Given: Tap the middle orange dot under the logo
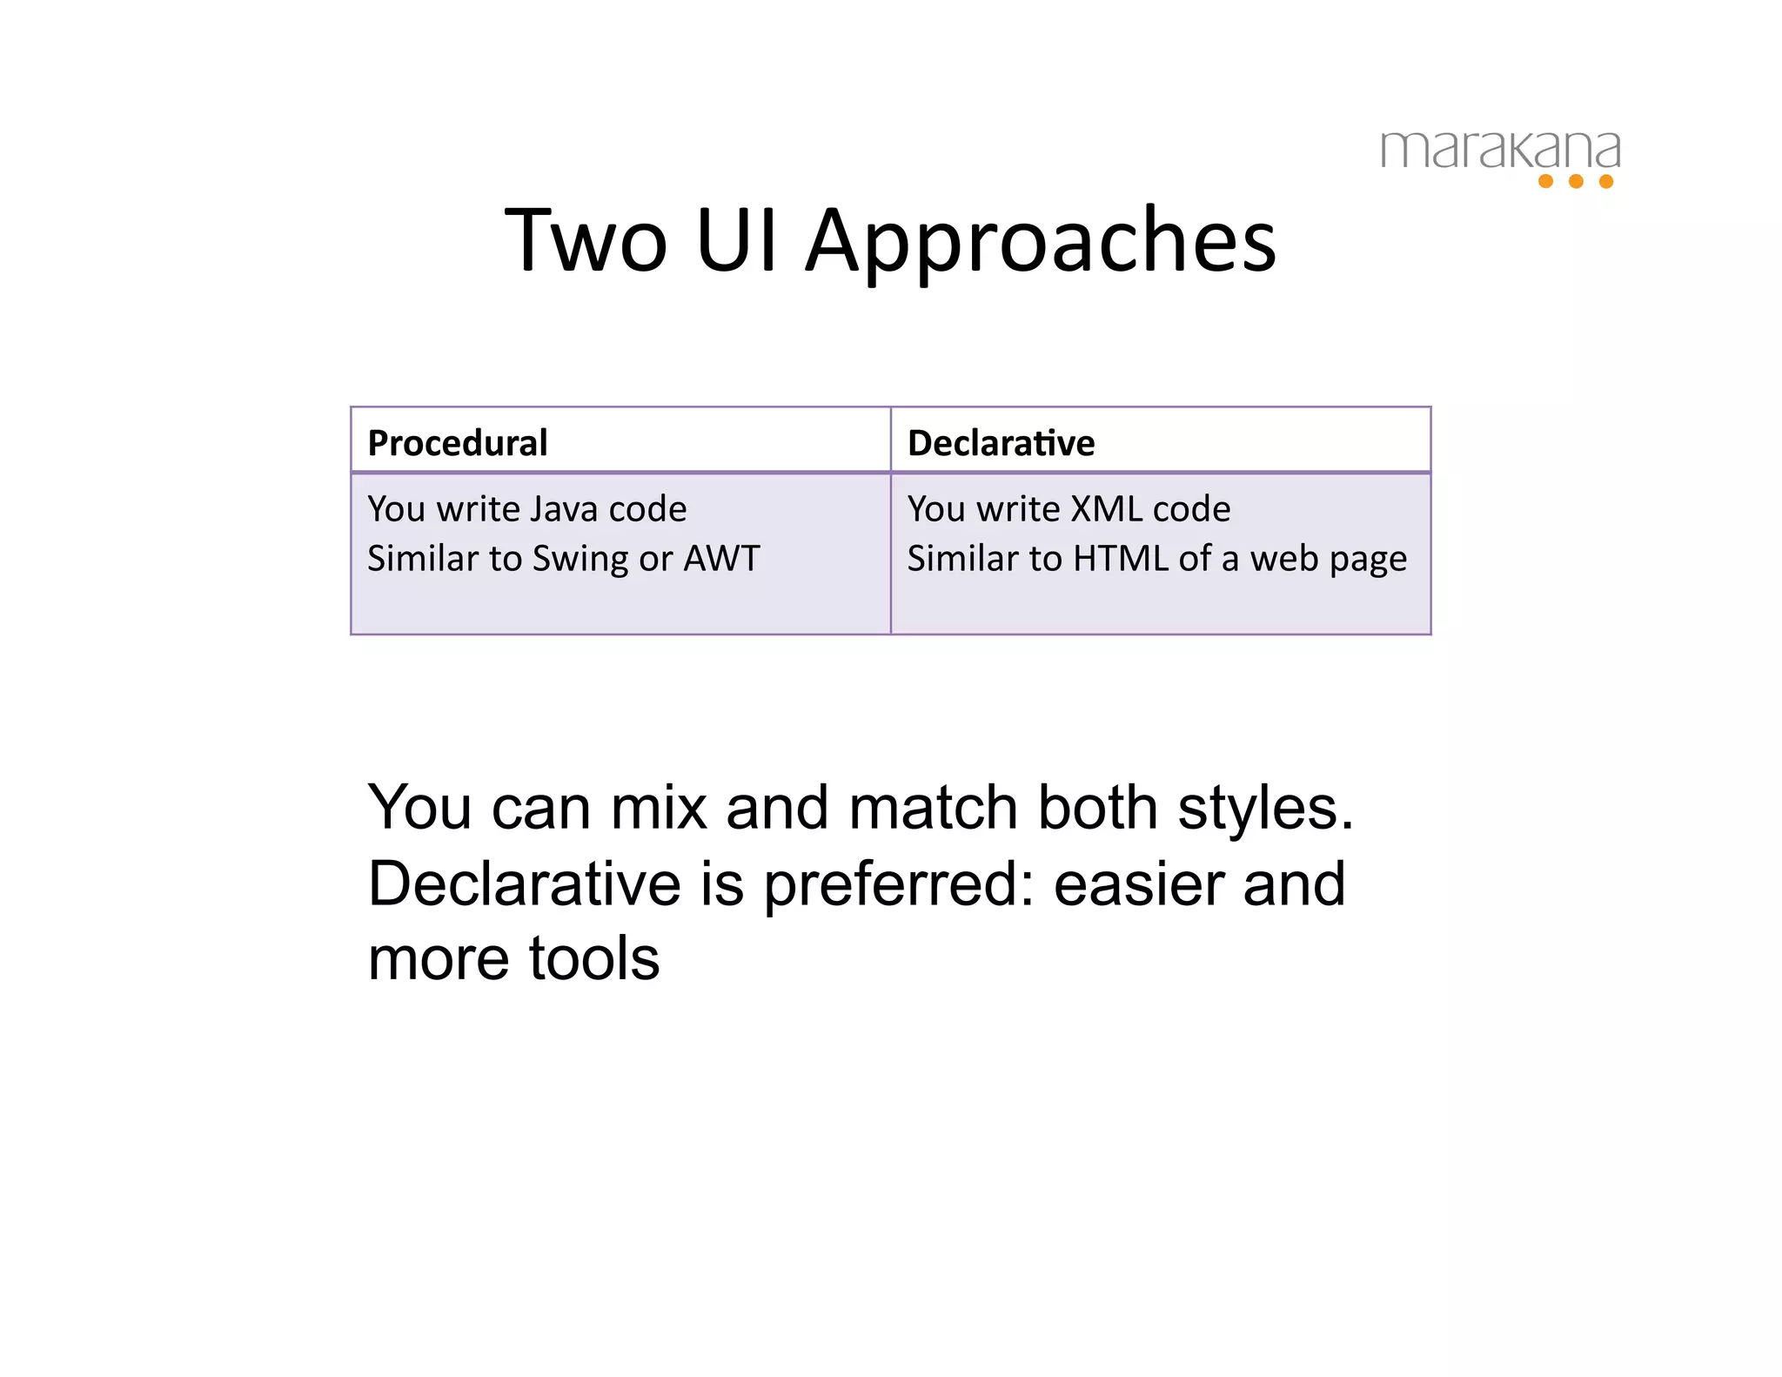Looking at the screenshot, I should pyautogui.click(x=1576, y=181).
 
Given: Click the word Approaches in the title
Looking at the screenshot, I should pyautogui.click(x=1041, y=241).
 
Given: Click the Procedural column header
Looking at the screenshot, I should pyautogui.click(x=458, y=443).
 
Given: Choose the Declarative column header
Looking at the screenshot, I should pyautogui.click(x=1001, y=443).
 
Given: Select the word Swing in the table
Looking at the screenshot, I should pyautogui.click(x=579, y=559).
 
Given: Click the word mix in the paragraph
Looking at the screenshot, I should pyautogui.click(x=659, y=808).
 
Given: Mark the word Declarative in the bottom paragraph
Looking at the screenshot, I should pyautogui.click(x=524, y=884).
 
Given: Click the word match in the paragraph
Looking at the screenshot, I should pyautogui.click(x=933, y=808).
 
